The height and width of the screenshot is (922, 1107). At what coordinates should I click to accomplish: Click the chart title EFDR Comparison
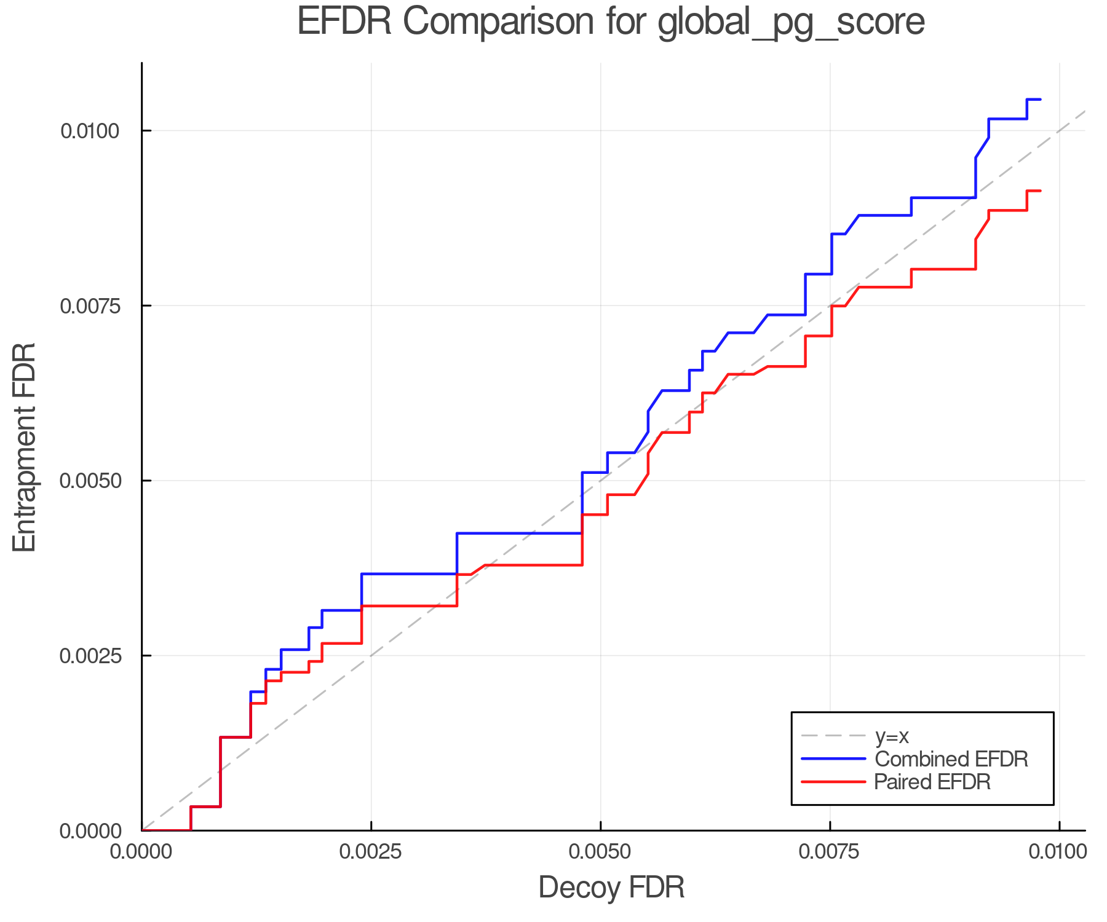[x=474, y=22]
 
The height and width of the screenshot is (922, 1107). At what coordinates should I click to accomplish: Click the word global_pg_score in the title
[x=791, y=23]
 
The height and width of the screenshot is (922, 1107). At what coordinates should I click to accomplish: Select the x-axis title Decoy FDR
[x=611, y=888]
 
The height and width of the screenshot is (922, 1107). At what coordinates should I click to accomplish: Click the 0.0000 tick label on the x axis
[x=142, y=852]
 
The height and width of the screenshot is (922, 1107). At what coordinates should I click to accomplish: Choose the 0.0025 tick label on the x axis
[x=371, y=852]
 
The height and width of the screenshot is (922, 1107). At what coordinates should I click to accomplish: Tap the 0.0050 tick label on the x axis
[x=601, y=852]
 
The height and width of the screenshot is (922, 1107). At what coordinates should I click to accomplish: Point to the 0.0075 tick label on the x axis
[x=830, y=852]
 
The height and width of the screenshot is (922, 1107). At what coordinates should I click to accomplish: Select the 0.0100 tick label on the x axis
[x=1059, y=852]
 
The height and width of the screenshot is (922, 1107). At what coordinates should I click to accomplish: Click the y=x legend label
[x=892, y=736]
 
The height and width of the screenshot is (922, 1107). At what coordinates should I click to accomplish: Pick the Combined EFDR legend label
[x=951, y=759]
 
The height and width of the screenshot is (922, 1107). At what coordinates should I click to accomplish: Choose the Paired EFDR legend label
[x=932, y=782]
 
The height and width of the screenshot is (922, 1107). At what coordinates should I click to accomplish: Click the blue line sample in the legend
[x=833, y=759]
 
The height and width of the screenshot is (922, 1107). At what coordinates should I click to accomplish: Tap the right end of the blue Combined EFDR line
[x=1040, y=100]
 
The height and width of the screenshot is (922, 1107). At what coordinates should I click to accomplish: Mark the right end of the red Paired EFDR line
[x=1040, y=191]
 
